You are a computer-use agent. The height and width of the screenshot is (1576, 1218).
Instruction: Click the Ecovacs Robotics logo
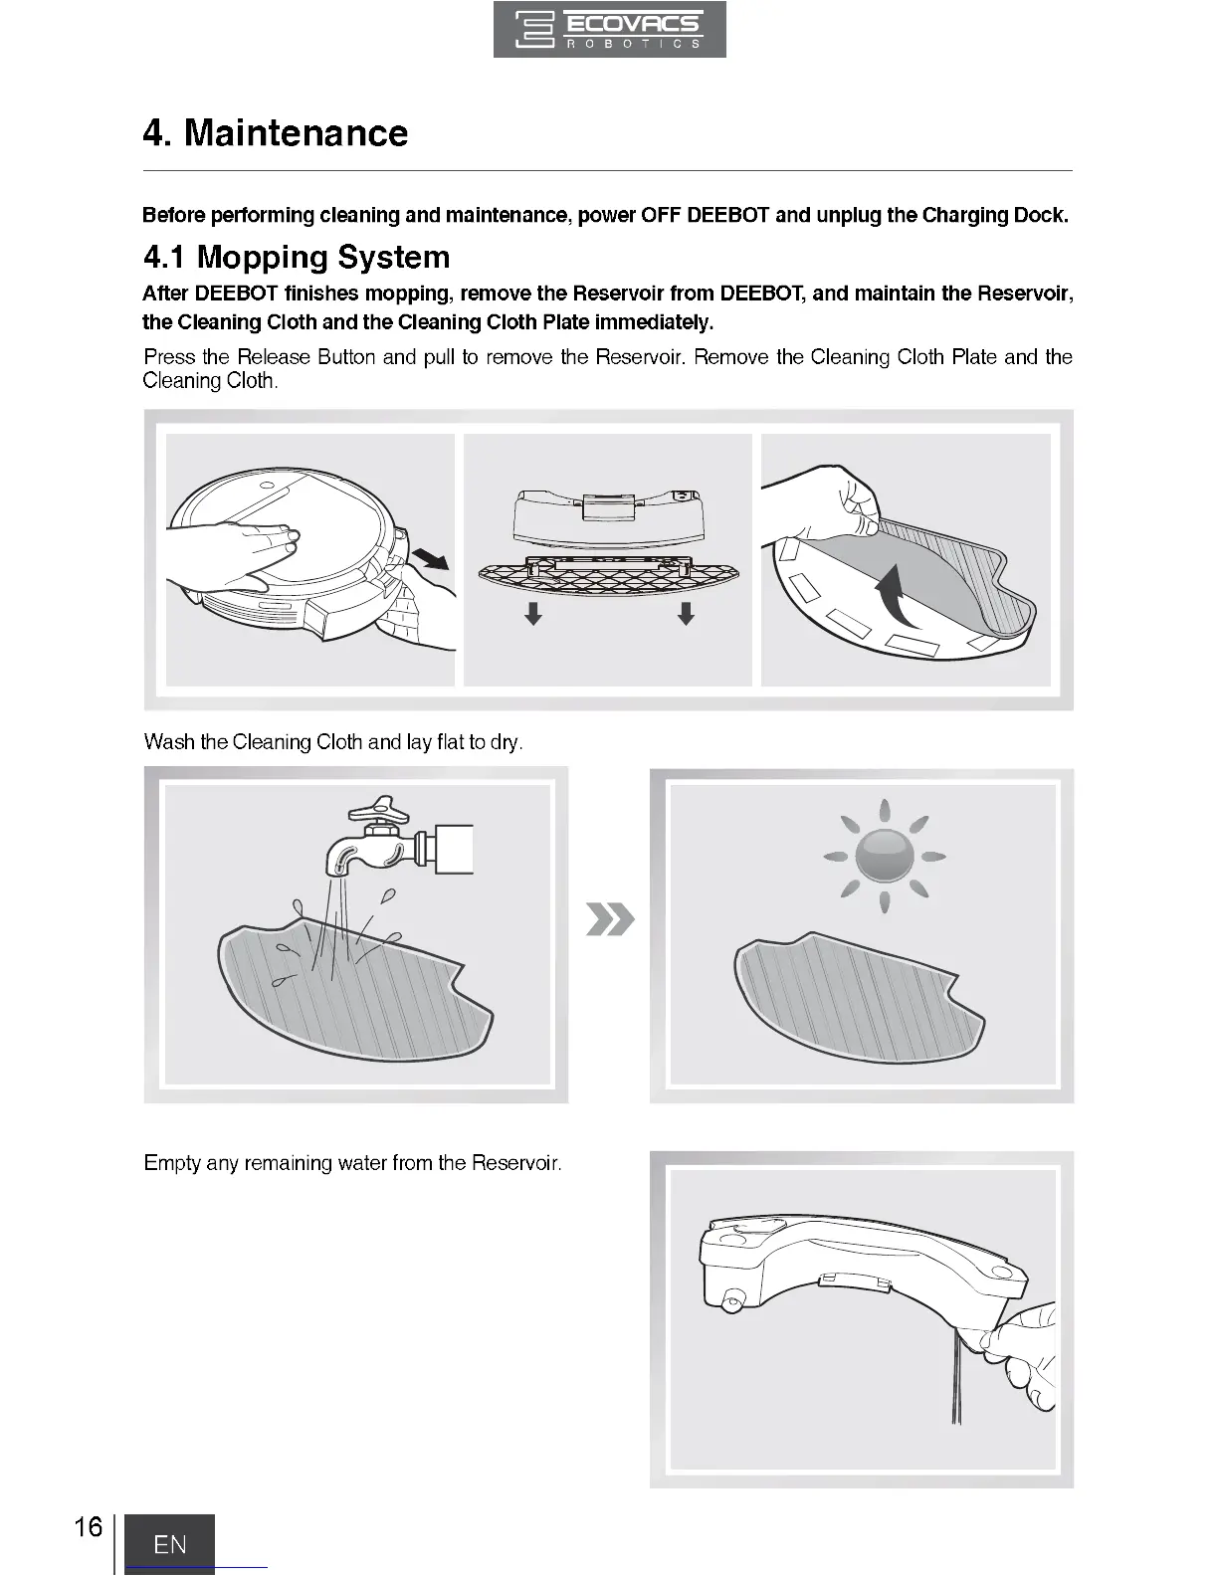point(609,30)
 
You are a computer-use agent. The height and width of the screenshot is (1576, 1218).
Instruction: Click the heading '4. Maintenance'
point(276,133)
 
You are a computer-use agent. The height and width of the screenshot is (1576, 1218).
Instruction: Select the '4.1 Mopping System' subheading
point(297,257)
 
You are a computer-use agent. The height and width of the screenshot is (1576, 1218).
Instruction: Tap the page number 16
point(88,1527)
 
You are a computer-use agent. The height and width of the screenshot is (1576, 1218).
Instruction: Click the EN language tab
point(169,1543)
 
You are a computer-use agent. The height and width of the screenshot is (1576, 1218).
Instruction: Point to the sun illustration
point(884,855)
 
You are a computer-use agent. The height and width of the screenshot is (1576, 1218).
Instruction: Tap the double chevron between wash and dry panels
point(610,920)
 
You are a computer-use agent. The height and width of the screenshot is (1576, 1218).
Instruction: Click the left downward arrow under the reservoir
point(533,613)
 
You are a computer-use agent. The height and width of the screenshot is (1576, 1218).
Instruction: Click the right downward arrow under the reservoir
point(686,613)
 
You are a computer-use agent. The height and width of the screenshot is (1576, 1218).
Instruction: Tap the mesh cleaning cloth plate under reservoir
point(608,574)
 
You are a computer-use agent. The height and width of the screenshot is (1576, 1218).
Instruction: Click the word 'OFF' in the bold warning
point(661,215)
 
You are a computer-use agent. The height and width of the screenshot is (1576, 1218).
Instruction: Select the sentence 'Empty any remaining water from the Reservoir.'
point(353,1163)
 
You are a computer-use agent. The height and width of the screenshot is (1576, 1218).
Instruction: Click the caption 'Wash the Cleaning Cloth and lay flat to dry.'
point(333,742)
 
